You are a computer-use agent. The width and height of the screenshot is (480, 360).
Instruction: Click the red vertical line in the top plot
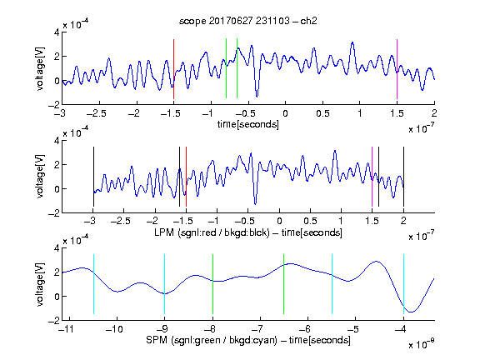coord(173,69)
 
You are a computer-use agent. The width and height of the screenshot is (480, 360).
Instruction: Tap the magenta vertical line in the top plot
coord(397,69)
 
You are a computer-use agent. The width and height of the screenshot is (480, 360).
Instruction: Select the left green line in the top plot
coord(226,68)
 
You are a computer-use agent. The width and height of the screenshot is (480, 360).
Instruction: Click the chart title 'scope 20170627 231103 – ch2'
coord(247,21)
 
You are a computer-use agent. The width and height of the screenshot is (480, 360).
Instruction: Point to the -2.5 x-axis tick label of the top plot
coord(97,113)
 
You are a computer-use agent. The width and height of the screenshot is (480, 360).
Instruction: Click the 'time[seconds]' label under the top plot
coord(248,124)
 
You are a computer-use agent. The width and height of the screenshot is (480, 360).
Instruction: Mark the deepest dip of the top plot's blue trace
coord(257,97)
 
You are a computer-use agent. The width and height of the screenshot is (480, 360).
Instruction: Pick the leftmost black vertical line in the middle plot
coord(93,177)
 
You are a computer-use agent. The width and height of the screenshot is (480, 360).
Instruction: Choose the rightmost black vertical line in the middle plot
coord(403,177)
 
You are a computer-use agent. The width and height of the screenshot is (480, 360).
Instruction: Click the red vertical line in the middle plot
coord(186,177)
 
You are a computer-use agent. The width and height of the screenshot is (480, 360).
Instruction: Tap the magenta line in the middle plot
coord(372,177)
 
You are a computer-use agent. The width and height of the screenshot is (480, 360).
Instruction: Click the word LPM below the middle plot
coord(164,232)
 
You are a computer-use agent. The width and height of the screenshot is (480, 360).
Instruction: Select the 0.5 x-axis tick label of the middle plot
coord(310,221)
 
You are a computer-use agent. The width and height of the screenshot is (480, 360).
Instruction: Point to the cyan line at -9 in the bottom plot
coord(165,284)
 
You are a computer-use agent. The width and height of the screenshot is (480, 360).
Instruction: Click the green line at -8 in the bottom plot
coord(212,284)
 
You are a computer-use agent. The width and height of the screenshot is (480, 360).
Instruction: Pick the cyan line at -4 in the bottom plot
coord(403,284)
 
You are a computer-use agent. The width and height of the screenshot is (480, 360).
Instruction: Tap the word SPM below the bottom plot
coord(157,340)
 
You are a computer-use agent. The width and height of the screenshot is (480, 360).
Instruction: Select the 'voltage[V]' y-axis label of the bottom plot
coord(40,284)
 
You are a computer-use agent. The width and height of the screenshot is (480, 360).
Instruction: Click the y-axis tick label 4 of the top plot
coord(57,32)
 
